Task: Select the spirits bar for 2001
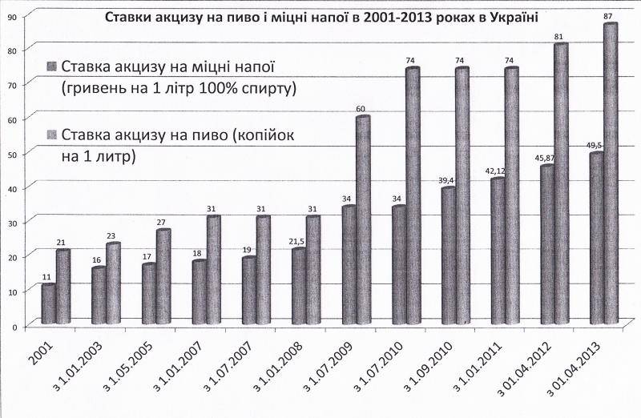[49, 304]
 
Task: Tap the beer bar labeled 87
[611, 173]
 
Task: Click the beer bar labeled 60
[363, 220]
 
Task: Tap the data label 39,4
[445, 180]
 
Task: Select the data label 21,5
[296, 241]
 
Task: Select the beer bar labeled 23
[113, 284]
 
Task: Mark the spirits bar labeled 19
[249, 291]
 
